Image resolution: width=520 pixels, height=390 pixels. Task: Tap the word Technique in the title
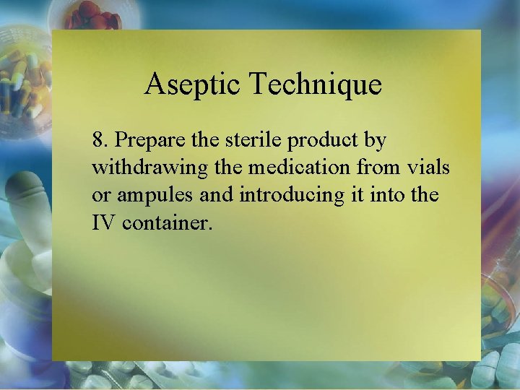(316, 85)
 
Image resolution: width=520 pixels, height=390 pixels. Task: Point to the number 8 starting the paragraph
(97, 139)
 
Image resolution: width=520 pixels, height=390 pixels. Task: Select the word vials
(432, 168)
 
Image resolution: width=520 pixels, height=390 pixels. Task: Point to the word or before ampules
(100, 196)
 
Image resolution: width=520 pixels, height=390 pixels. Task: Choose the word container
(168, 223)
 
